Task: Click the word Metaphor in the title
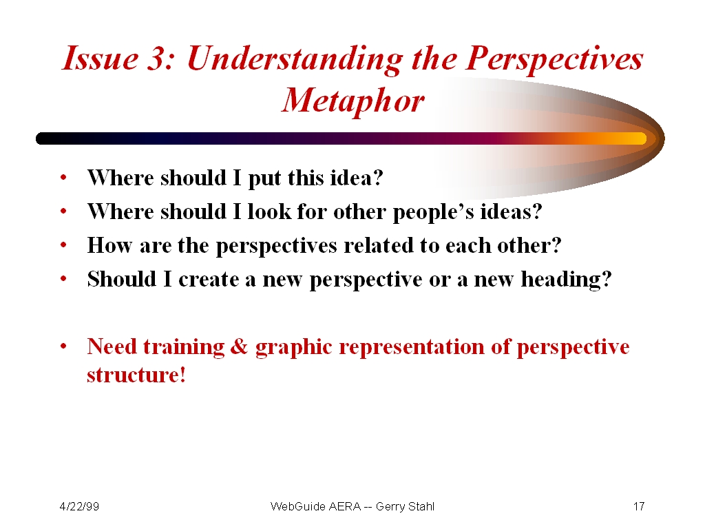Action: (353, 101)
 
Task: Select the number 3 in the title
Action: (158, 59)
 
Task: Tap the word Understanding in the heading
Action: (295, 60)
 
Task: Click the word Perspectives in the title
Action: (554, 60)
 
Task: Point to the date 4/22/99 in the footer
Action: (79, 506)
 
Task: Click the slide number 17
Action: (639, 506)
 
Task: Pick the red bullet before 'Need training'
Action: (63, 346)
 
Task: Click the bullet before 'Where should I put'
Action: (63, 177)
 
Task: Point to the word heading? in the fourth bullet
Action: (567, 280)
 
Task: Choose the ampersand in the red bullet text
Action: (239, 347)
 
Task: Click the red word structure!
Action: (136, 375)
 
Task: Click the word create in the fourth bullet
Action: (209, 280)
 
